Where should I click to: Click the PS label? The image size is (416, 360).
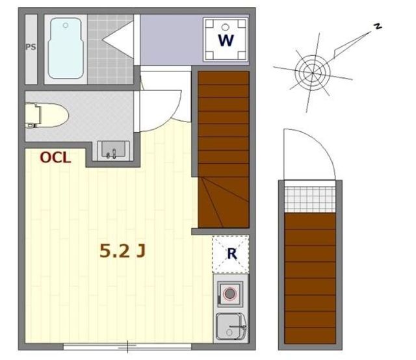click(31, 47)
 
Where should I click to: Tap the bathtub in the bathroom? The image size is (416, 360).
click(66, 48)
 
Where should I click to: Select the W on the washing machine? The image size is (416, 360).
click(226, 40)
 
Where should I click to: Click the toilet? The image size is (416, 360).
click(47, 115)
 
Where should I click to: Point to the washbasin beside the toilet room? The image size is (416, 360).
click(113, 150)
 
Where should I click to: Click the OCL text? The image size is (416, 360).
click(55, 158)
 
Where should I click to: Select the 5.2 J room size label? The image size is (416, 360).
click(123, 251)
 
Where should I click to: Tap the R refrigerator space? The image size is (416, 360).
click(231, 254)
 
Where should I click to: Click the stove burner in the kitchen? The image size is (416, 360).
click(229, 294)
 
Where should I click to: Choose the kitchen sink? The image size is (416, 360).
click(231, 327)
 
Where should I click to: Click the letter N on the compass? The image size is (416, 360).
click(378, 26)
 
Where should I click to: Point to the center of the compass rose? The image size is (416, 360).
click(313, 73)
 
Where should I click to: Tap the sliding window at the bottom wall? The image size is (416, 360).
click(127, 346)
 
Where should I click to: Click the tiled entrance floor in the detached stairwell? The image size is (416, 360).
click(310, 199)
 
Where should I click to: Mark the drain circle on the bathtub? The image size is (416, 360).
click(66, 25)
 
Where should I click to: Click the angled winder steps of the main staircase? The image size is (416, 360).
click(224, 202)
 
